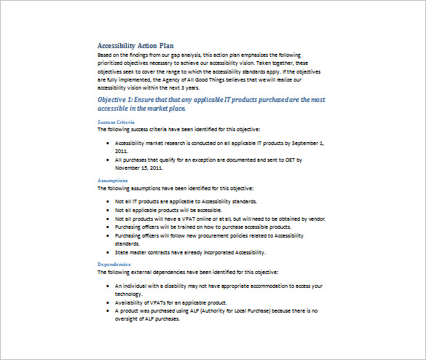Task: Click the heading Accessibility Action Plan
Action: [x=135, y=45]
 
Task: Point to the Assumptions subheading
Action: [x=113, y=179]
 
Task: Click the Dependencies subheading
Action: [x=114, y=264]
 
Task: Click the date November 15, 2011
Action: [x=138, y=166]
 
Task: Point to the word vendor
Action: [x=315, y=219]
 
